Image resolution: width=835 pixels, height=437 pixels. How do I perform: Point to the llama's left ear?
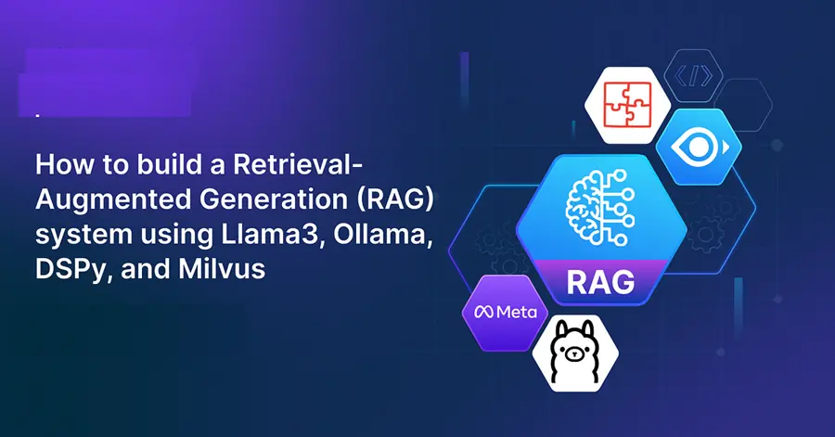click(x=556, y=327)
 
